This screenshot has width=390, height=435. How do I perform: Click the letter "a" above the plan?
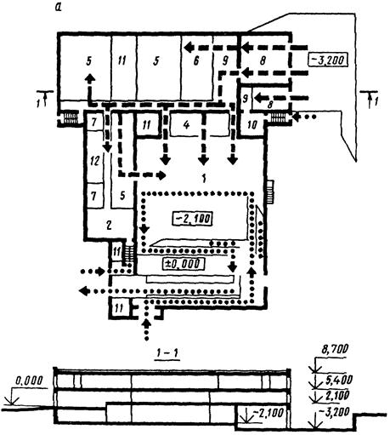coord(58,8)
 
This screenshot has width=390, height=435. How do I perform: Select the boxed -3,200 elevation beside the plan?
coord(328,60)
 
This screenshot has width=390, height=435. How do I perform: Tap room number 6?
coord(196,61)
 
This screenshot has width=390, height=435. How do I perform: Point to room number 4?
coord(186,125)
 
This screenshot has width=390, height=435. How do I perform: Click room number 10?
coord(252,125)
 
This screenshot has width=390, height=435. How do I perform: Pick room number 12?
coord(94,161)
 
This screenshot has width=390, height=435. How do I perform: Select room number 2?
coord(109,225)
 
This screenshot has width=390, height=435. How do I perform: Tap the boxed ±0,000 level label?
coord(184,264)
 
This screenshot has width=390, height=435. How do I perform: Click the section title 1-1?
coord(168,353)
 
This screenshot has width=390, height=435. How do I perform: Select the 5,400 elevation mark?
coord(338,380)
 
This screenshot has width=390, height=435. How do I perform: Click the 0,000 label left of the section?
coord(29,381)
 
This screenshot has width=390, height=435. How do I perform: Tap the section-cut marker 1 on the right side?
coord(376,101)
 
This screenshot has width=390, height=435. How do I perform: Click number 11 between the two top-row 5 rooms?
coord(122,60)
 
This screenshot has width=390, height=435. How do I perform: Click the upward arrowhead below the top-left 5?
coord(90,77)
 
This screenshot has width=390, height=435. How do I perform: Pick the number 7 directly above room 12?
coord(93,123)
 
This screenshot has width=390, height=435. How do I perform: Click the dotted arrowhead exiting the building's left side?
coord(83,290)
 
